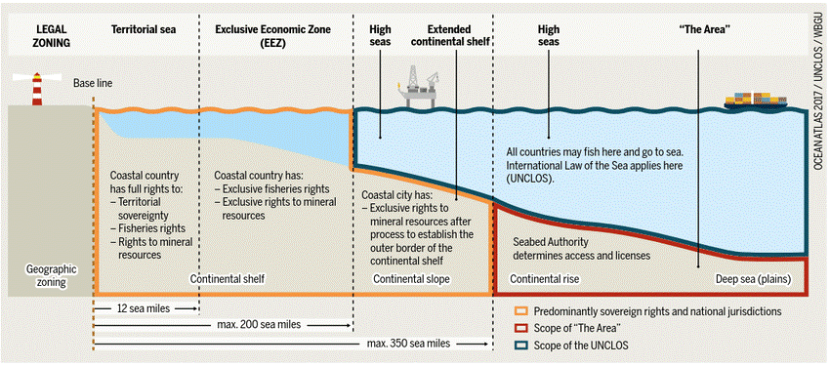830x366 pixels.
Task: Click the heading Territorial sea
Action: tap(145, 29)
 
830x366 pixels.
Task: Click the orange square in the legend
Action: tap(521, 311)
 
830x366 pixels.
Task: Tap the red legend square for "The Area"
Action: tap(521, 327)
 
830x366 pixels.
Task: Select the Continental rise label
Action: tap(544, 279)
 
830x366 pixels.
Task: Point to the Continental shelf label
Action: tap(228, 279)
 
